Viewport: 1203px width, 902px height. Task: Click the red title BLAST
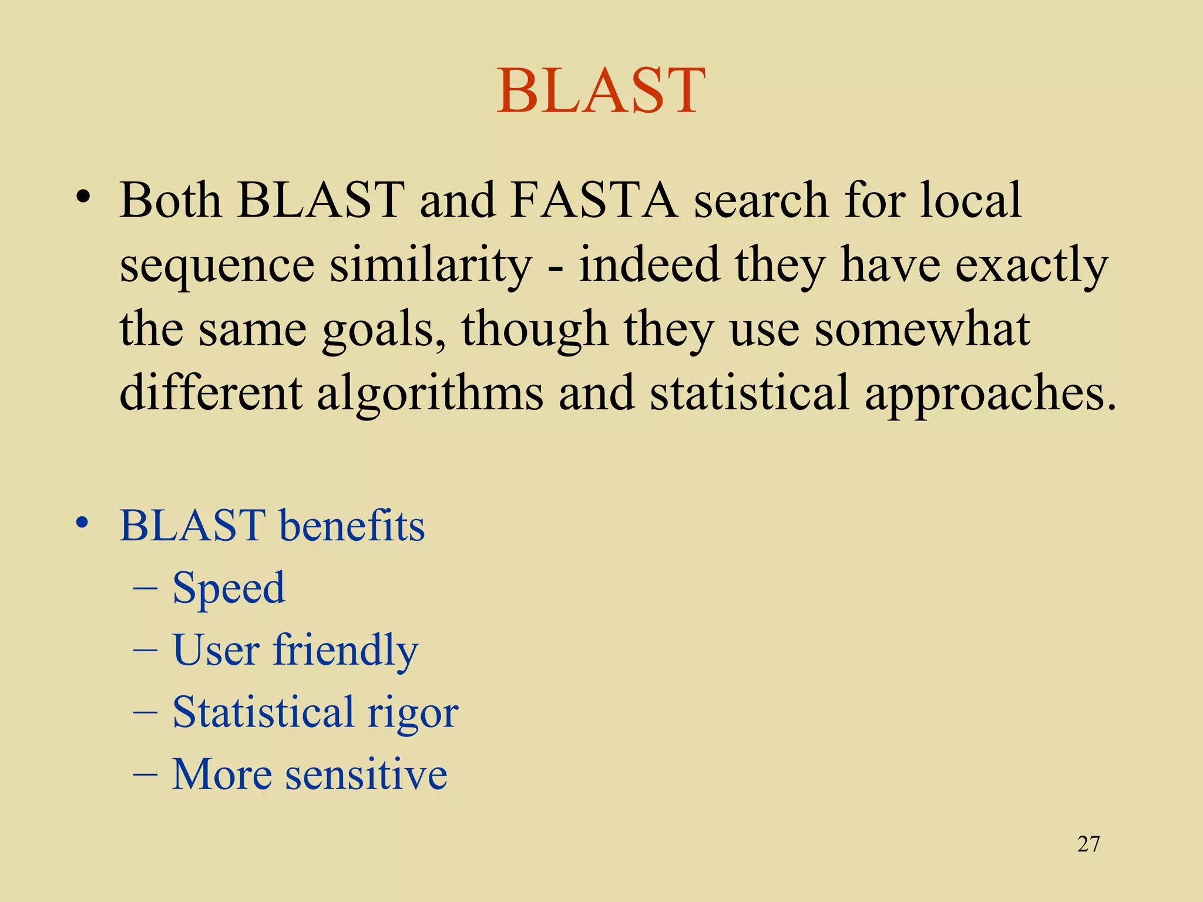[x=601, y=91]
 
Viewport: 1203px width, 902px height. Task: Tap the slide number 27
[x=1088, y=844]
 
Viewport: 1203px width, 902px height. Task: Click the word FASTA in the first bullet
[x=594, y=200]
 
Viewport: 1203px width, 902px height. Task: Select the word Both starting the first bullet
[x=170, y=200]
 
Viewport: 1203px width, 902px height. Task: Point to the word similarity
[x=430, y=265]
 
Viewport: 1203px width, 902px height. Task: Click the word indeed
[x=649, y=265]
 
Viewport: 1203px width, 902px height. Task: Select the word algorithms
[x=430, y=394]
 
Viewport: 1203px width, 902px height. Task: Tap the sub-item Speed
[x=228, y=588]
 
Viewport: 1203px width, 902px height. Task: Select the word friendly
[x=345, y=651]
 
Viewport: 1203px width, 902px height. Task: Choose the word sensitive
[x=366, y=775]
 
